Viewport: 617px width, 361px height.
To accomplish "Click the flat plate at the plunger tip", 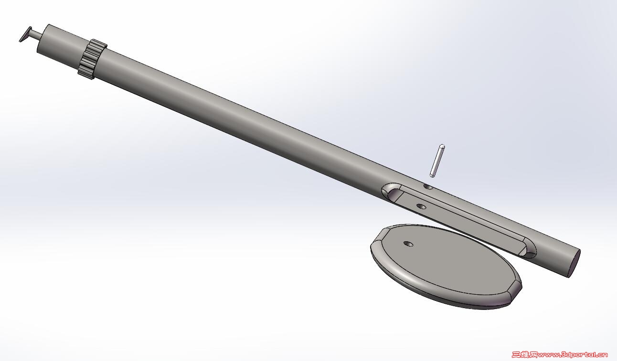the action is tap(25, 34).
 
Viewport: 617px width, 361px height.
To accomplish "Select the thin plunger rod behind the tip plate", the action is tap(36, 34).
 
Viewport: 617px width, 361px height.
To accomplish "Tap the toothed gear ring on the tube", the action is tap(92, 59).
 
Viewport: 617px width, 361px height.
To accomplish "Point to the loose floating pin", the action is tap(437, 161).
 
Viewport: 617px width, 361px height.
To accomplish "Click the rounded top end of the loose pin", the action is tap(442, 146).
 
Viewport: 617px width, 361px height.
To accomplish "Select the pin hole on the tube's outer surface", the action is tap(428, 187).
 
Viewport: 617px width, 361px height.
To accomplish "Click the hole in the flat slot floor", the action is tap(421, 206).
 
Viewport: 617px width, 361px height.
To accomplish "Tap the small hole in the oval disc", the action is tap(408, 244).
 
